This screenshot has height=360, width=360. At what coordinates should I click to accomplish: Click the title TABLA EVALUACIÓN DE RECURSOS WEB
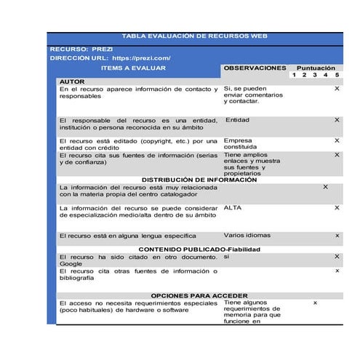click(x=194, y=36)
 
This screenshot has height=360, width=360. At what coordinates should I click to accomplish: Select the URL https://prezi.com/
click(x=141, y=57)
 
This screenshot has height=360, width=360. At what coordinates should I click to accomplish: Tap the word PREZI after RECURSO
click(x=103, y=48)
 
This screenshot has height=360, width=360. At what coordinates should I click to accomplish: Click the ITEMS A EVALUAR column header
click(x=133, y=68)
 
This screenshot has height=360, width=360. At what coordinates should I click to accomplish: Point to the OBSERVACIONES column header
click(x=255, y=68)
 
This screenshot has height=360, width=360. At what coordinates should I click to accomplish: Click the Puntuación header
click(x=315, y=67)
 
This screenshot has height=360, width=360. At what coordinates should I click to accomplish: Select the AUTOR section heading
click(x=72, y=81)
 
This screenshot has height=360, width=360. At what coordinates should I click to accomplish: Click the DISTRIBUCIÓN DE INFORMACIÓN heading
click(x=199, y=180)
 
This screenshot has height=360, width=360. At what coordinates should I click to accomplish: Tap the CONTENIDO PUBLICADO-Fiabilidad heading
click(x=199, y=249)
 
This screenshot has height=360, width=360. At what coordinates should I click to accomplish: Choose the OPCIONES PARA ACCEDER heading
click(x=199, y=296)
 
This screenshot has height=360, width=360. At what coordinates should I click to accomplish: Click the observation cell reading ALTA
click(x=233, y=208)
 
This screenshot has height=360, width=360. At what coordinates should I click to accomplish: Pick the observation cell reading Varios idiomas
click(x=247, y=236)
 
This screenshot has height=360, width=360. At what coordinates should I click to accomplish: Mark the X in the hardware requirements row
click(x=315, y=303)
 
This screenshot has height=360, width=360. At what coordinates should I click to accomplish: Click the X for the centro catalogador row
click(x=325, y=187)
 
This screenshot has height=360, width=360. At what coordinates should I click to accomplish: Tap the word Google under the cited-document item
click(x=71, y=264)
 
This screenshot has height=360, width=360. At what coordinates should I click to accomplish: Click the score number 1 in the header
click(x=293, y=75)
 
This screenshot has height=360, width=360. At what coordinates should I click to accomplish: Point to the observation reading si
click(x=227, y=257)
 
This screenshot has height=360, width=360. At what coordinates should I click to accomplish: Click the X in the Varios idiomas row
click(x=337, y=236)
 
